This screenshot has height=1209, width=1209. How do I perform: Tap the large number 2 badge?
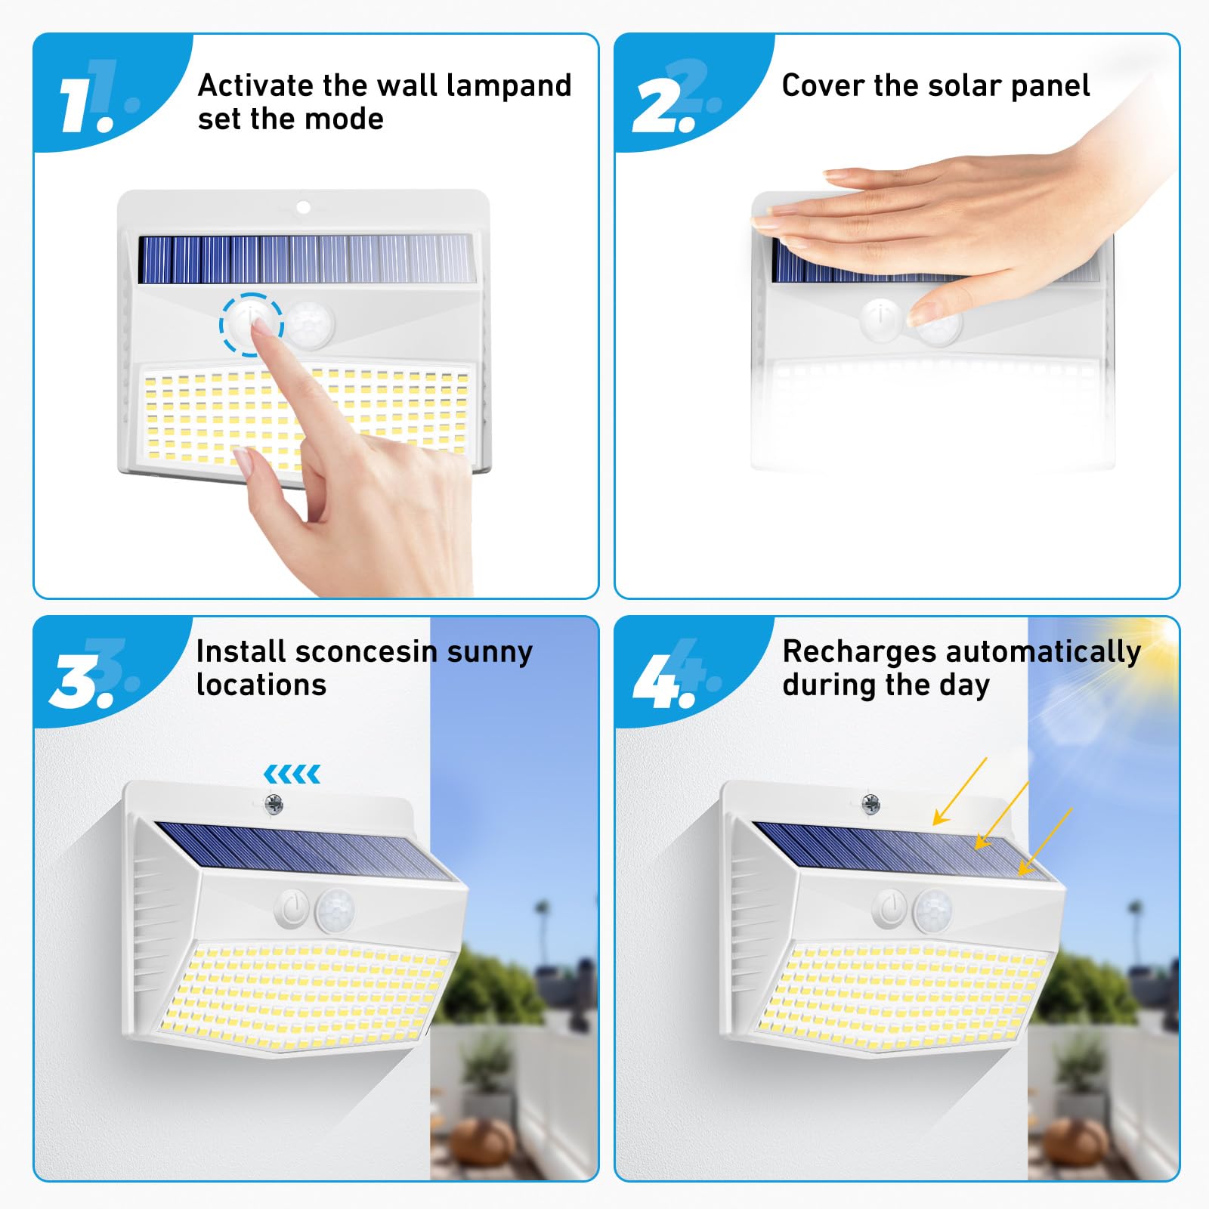[x=662, y=106]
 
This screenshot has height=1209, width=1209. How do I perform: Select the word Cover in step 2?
[x=823, y=85]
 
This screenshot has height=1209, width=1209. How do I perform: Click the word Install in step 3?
[x=240, y=651]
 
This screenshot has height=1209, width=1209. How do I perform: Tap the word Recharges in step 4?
[x=859, y=651]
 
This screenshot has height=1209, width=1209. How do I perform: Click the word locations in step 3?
[x=261, y=685]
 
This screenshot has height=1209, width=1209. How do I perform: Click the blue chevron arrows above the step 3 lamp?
[x=292, y=774]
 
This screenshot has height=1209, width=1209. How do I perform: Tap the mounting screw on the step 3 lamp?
[x=274, y=804]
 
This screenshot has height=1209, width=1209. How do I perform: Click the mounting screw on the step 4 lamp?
[x=870, y=804]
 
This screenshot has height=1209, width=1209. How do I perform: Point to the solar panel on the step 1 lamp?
[x=306, y=258]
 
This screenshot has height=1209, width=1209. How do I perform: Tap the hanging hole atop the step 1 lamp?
[x=303, y=207]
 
